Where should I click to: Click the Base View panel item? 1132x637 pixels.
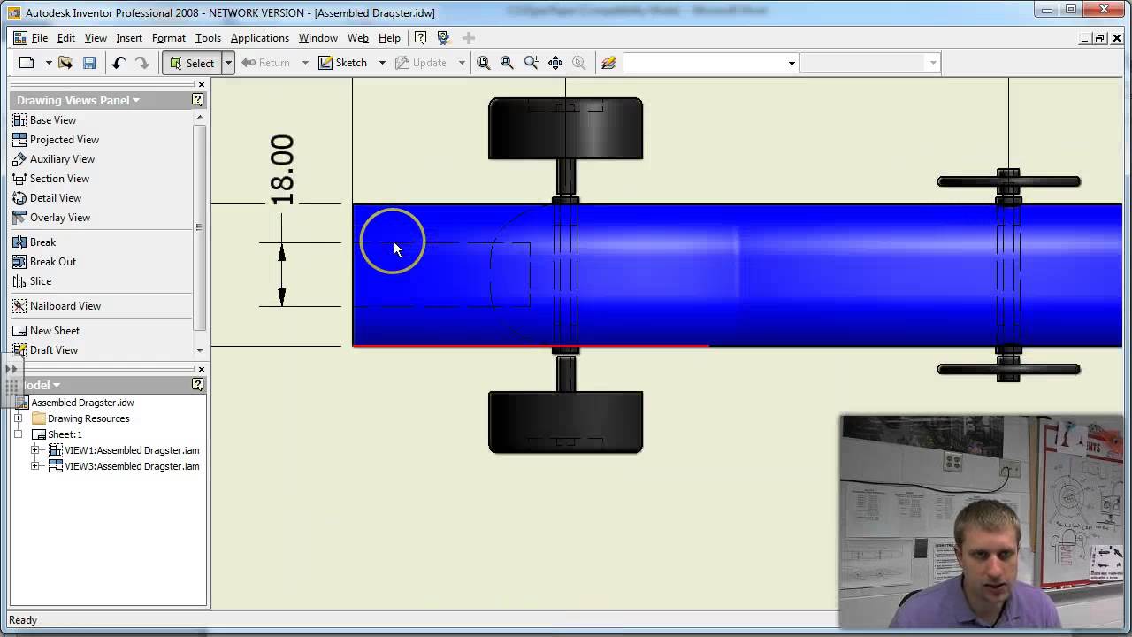coord(52,120)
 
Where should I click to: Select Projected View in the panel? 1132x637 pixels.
coord(64,140)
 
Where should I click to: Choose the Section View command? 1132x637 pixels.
coord(59,179)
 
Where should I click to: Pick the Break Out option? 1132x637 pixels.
coord(52,262)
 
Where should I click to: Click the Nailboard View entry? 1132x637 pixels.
coord(65,306)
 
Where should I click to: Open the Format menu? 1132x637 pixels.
coord(168,38)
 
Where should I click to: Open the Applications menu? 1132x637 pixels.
coord(259,38)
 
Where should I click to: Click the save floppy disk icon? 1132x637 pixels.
coord(89,63)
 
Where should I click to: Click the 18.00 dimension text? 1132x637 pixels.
coord(281,170)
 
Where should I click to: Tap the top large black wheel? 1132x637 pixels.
coord(565,128)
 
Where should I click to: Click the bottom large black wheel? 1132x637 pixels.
coord(565,422)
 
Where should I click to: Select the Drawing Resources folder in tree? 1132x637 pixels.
coord(88,418)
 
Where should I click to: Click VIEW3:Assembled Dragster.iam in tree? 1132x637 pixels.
coord(132,466)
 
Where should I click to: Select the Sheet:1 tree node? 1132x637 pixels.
coord(65,434)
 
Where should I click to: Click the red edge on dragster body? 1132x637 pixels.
coord(531,346)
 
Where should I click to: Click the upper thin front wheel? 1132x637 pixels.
coord(1008,181)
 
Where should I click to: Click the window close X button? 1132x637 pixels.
coord(1104,10)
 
